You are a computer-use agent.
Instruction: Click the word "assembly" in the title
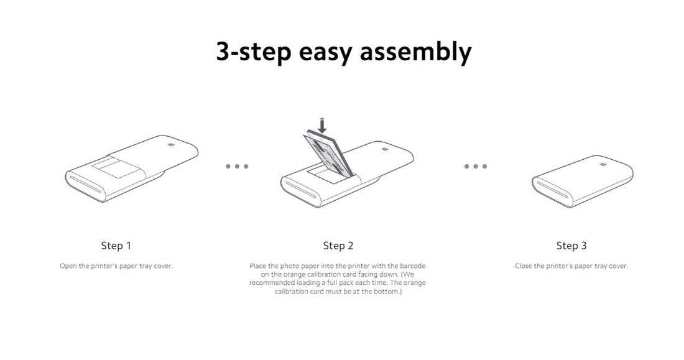point(415,52)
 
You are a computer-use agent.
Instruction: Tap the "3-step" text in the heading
point(254,52)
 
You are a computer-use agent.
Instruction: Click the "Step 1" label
point(116,246)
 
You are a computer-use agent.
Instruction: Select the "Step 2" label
point(338,246)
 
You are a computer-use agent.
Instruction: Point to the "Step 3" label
point(571,246)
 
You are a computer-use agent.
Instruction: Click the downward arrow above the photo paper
point(322,125)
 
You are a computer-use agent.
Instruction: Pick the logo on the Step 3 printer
point(603,165)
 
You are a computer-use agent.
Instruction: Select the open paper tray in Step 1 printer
point(114,168)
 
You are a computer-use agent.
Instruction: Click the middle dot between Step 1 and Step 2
point(238,166)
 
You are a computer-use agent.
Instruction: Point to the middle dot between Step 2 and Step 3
point(476,166)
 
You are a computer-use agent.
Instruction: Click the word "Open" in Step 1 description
point(68,266)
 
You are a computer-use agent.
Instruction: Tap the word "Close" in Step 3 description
point(524,265)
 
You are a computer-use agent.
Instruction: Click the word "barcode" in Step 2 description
point(413,265)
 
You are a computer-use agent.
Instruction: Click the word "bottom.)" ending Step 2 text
point(388,292)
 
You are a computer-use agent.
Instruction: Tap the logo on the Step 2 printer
point(385,150)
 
